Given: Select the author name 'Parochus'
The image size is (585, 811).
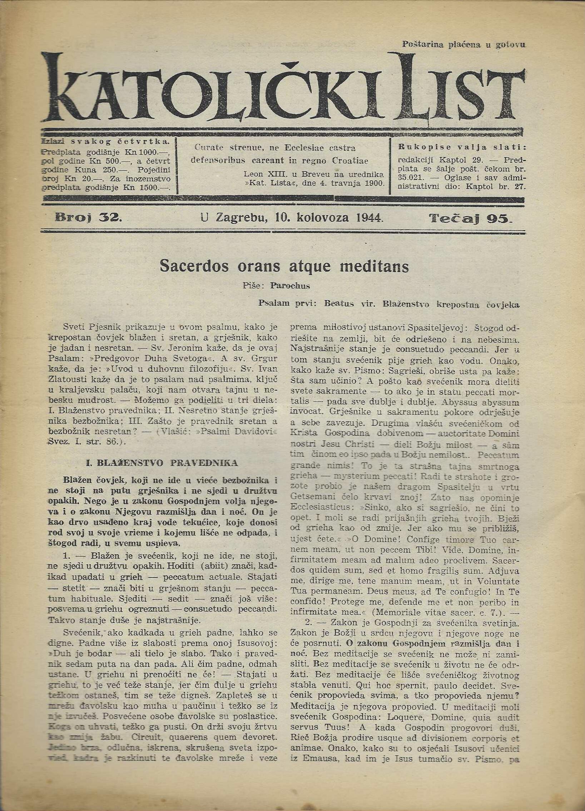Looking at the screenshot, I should click(x=290, y=286).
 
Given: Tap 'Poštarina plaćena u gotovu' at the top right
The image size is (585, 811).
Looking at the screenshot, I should click(x=463, y=45).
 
